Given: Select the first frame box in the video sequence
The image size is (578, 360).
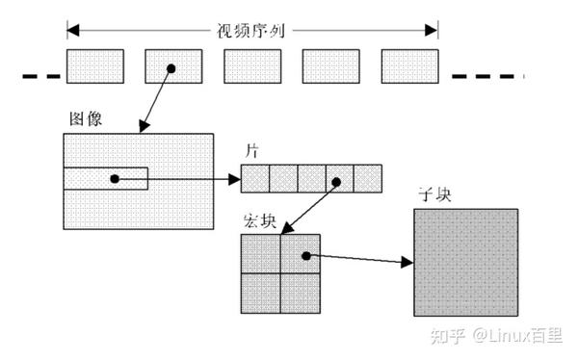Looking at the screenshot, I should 94,66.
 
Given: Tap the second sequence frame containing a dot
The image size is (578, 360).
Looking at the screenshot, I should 172,66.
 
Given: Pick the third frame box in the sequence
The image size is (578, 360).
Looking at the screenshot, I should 252,66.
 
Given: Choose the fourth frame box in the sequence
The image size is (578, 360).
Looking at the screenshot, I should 331,66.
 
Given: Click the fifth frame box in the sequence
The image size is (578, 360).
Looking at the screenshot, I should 409,66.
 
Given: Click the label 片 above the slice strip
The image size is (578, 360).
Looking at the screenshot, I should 254,152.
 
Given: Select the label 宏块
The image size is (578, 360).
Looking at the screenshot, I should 260,220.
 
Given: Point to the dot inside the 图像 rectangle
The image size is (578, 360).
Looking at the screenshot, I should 114,179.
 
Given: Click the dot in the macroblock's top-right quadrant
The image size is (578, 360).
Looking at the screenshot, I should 305,256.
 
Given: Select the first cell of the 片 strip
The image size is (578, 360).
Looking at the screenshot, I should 254,179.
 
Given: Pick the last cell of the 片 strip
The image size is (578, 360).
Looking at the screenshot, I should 368,179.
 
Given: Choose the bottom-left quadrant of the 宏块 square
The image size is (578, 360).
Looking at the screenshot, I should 260,294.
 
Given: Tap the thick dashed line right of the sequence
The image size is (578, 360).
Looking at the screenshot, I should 487,76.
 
